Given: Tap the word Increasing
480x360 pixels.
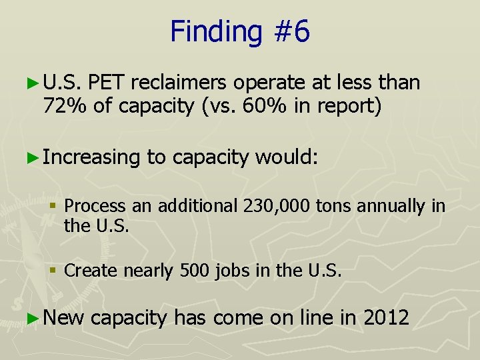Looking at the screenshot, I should [x=91, y=157].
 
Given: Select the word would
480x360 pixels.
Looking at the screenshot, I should [x=287, y=157].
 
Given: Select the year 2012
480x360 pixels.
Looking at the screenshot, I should [x=386, y=317].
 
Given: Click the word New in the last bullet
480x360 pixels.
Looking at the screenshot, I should [x=64, y=317].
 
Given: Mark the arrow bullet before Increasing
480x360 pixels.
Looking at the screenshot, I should [x=35, y=158].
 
